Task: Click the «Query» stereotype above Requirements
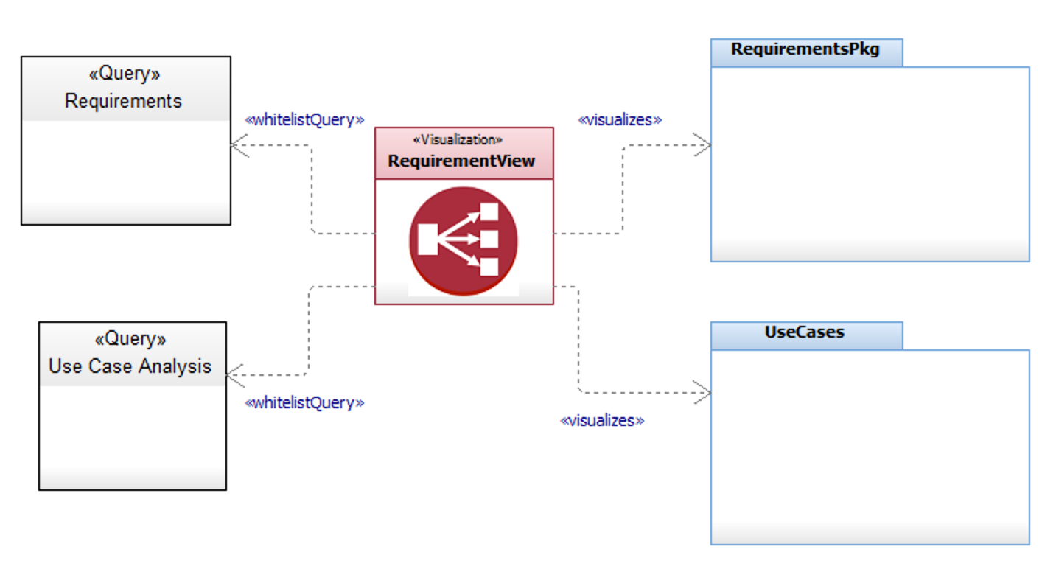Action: pos(125,74)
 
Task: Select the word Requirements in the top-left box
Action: pos(123,101)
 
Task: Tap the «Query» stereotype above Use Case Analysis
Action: pos(130,339)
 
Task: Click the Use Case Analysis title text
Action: pos(130,366)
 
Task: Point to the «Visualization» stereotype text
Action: pos(458,139)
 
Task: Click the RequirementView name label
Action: pos(461,161)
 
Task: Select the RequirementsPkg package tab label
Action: pos(805,49)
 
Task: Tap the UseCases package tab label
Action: pos(805,332)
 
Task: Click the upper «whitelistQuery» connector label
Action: pos(304,120)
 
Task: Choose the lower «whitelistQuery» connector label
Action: pos(304,403)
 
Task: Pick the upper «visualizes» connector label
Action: pos(620,120)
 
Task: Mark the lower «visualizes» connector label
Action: pos(602,421)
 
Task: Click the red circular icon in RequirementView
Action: pos(464,241)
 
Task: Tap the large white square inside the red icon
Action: pos(428,239)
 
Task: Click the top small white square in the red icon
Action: pos(489,212)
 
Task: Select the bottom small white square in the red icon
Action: pos(489,267)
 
